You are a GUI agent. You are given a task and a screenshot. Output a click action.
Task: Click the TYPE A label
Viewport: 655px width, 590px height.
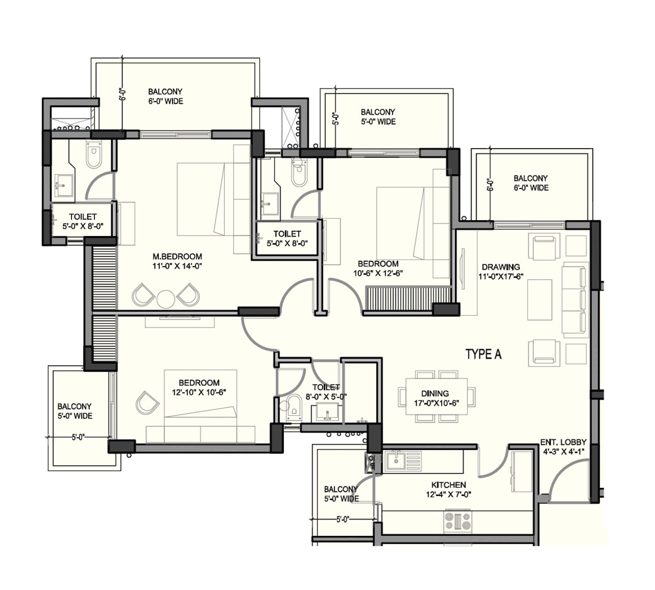pyautogui.click(x=483, y=355)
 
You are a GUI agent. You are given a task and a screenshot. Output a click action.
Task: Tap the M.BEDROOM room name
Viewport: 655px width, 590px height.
pyautogui.click(x=177, y=256)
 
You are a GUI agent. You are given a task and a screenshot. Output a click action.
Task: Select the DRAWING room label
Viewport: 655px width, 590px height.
pyautogui.click(x=500, y=267)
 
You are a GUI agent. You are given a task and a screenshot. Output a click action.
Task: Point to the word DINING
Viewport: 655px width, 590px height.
pyautogui.click(x=435, y=393)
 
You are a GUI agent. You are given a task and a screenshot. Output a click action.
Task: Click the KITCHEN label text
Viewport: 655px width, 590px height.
pyautogui.click(x=448, y=485)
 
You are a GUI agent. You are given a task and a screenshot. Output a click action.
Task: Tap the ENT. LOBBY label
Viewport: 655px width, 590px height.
pyautogui.click(x=563, y=442)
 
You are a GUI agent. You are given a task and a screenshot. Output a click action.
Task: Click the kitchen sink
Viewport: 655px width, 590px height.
pyautogui.click(x=394, y=461)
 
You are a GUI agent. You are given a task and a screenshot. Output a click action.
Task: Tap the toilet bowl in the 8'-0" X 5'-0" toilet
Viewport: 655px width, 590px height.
pyautogui.click(x=293, y=406)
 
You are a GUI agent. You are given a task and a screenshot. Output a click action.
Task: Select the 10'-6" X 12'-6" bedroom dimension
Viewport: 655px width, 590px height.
pyautogui.click(x=378, y=273)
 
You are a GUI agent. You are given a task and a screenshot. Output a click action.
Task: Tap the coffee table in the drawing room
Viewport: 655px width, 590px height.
pyautogui.click(x=540, y=299)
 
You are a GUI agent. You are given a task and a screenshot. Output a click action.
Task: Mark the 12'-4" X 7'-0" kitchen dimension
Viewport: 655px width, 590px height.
pyautogui.click(x=448, y=494)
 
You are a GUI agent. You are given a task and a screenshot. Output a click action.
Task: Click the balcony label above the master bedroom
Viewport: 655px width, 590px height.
pyautogui.click(x=165, y=96)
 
